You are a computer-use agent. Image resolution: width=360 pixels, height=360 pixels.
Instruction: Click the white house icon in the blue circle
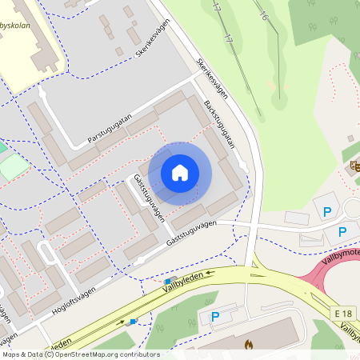(x=180, y=172)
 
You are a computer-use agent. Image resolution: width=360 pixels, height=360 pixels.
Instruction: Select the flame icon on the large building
(x=248, y=345)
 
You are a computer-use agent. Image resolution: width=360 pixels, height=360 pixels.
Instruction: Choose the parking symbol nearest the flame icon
(x=215, y=317)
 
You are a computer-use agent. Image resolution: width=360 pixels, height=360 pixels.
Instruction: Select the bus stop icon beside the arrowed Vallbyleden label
(x=168, y=281)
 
